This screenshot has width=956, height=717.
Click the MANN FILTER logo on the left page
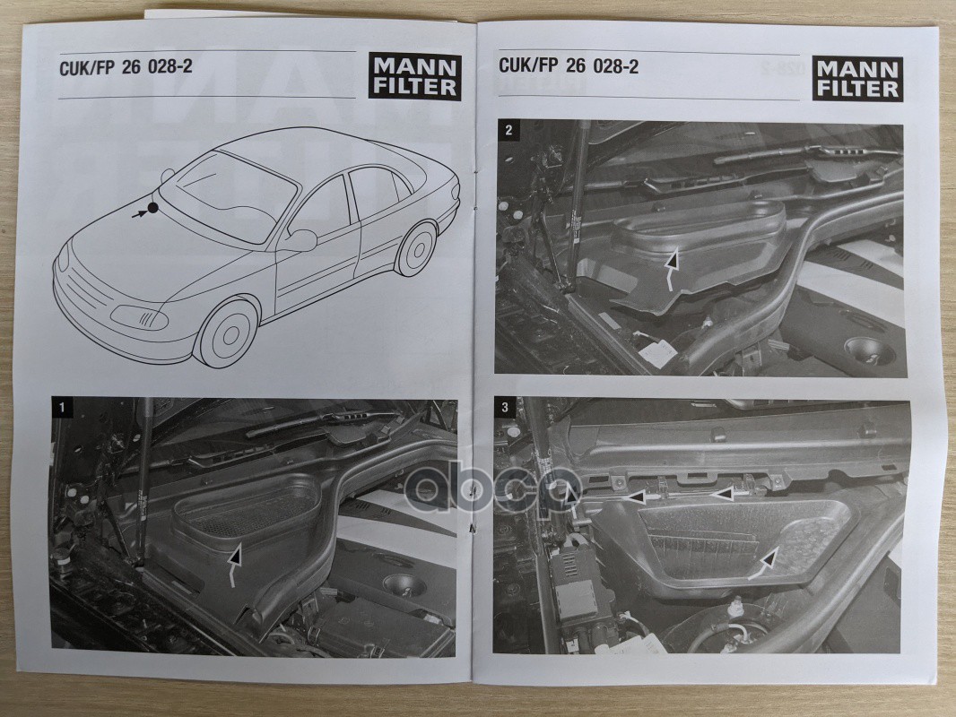414,77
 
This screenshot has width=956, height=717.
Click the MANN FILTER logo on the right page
857,79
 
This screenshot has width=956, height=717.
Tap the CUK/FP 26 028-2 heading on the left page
126,67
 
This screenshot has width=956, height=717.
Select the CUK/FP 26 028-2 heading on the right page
569,65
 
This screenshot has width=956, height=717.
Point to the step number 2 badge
509,130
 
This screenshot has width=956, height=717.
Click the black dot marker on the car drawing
153,208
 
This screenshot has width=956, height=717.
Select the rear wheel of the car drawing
416,248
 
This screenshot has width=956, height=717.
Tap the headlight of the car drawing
140,317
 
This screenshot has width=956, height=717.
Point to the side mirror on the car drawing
300,240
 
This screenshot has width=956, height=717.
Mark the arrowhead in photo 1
236,557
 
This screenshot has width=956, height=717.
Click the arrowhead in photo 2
672,262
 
